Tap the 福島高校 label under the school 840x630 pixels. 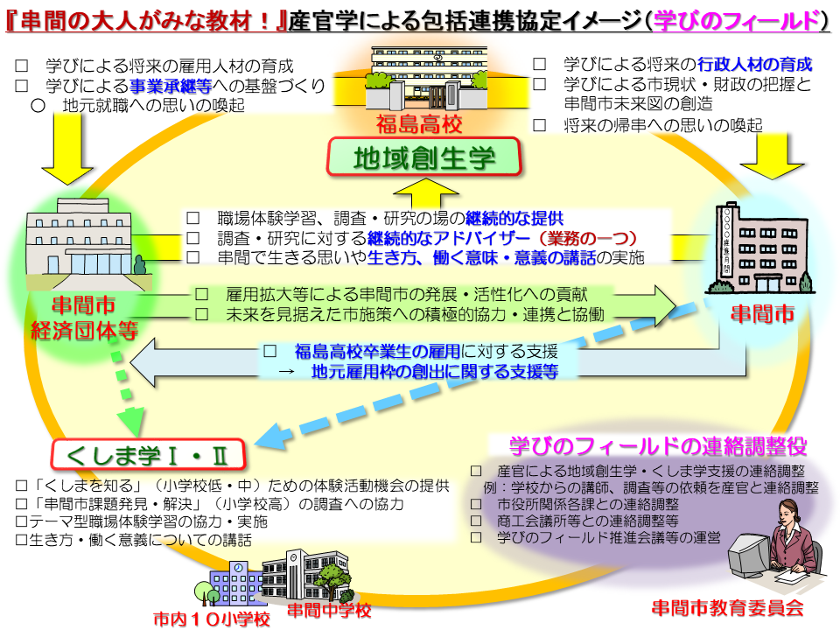click(x=419, y=124)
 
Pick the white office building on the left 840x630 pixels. click(x=80, y=245)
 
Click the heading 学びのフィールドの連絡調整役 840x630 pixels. click(x=657, y=445)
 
